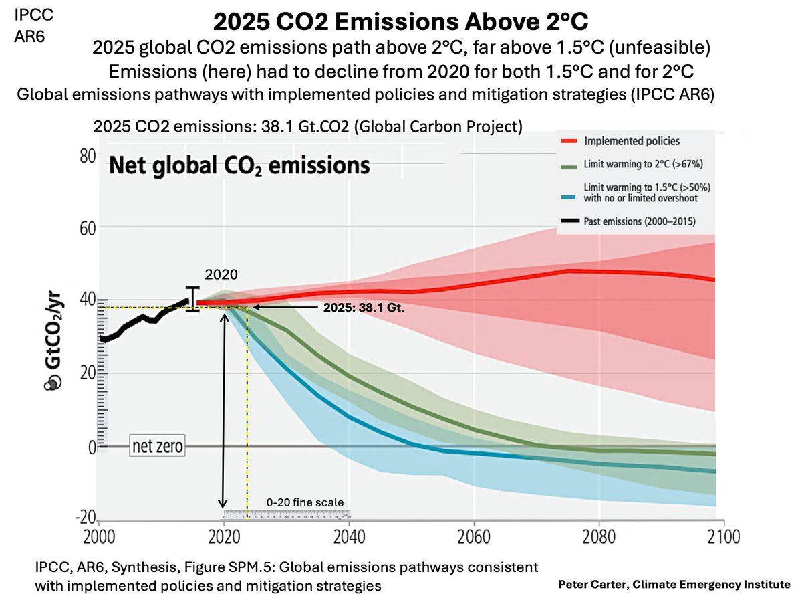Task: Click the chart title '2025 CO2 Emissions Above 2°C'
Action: pyautogui.click(x=401, y=21)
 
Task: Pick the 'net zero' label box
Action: pyautogui.click(x=157, y=445)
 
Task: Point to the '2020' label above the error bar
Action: pyautogui.click(x=221, y=274)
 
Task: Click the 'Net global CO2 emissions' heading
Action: pyautogui.click(x=239, y=164)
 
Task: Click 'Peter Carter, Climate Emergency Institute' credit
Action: pyautogui.click(x=674, y=584)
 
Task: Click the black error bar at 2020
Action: pyautogui.click(x=193, y=299)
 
